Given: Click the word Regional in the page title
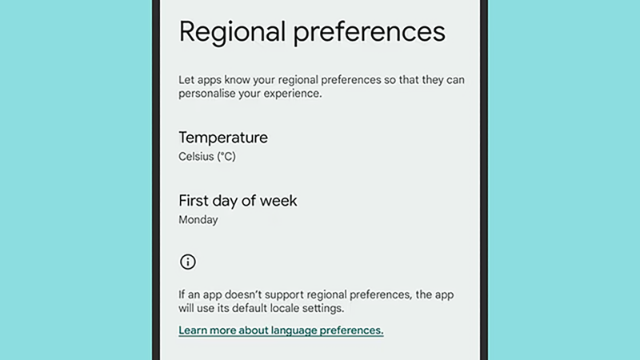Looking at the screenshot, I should click(230, 32).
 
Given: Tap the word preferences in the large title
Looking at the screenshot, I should click(367, 32).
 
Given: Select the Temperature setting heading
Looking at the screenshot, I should click(223, 138).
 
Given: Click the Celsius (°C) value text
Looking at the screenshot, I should click(207, 157).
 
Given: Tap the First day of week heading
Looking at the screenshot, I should click(238, 200).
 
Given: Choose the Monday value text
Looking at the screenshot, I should click(198, 219).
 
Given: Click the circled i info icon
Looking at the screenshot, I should click(188, 262).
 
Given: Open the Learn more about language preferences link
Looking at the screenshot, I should click(281, 330).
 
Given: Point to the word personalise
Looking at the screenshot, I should click(210, 94).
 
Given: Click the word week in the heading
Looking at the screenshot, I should click(279, 200).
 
